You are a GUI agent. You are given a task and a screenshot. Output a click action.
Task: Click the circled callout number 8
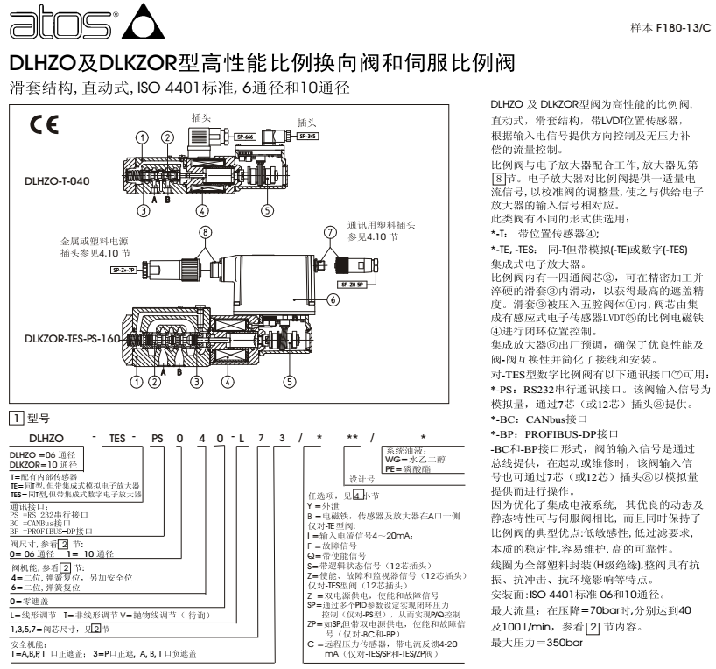click(205, 234)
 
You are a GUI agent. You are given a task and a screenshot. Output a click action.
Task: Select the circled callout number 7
click(330, 232)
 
